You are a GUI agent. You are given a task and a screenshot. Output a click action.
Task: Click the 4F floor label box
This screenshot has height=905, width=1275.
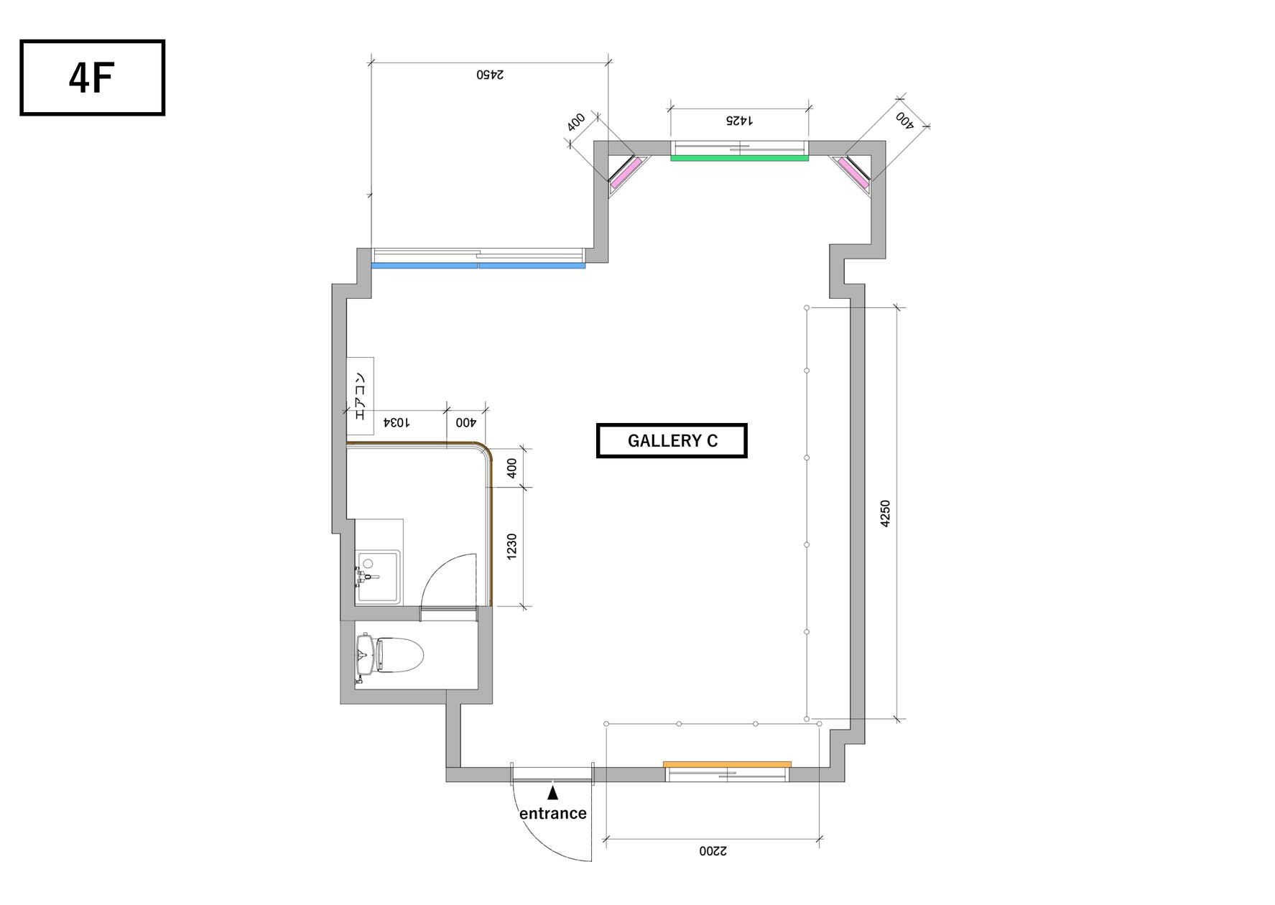pos(92,78)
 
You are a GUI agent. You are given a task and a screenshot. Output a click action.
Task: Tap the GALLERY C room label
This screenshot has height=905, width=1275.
pos(672,440)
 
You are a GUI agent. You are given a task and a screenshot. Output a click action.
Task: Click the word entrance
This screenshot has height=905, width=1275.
pos(552,813)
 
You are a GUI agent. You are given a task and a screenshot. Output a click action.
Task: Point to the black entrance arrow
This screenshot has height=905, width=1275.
pos(552,793)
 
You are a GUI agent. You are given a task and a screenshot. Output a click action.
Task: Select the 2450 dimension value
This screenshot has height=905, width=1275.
pos(490,74)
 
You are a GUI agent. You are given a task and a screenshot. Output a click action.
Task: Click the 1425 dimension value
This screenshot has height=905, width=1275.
pos(739,120)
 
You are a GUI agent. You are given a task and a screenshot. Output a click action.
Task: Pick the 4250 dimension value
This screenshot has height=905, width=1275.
pos(885,514)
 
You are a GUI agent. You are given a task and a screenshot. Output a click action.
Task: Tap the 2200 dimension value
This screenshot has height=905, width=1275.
pos(713,851)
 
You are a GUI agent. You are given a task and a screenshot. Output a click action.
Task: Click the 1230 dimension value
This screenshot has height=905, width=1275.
pos(511,547)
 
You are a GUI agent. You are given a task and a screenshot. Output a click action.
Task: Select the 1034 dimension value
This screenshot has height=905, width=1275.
pos(397,422)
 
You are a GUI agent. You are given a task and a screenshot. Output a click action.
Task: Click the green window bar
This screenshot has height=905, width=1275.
pos(739,158)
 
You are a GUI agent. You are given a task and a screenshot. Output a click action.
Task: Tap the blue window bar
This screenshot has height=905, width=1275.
pos(478,266)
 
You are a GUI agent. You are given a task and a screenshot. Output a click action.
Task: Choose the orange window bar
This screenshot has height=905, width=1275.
pos(727,764)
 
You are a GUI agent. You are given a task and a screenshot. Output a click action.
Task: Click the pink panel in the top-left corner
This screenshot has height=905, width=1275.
pos(626,173)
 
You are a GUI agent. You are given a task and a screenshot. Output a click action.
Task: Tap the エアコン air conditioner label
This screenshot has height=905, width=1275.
pos(360,396)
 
